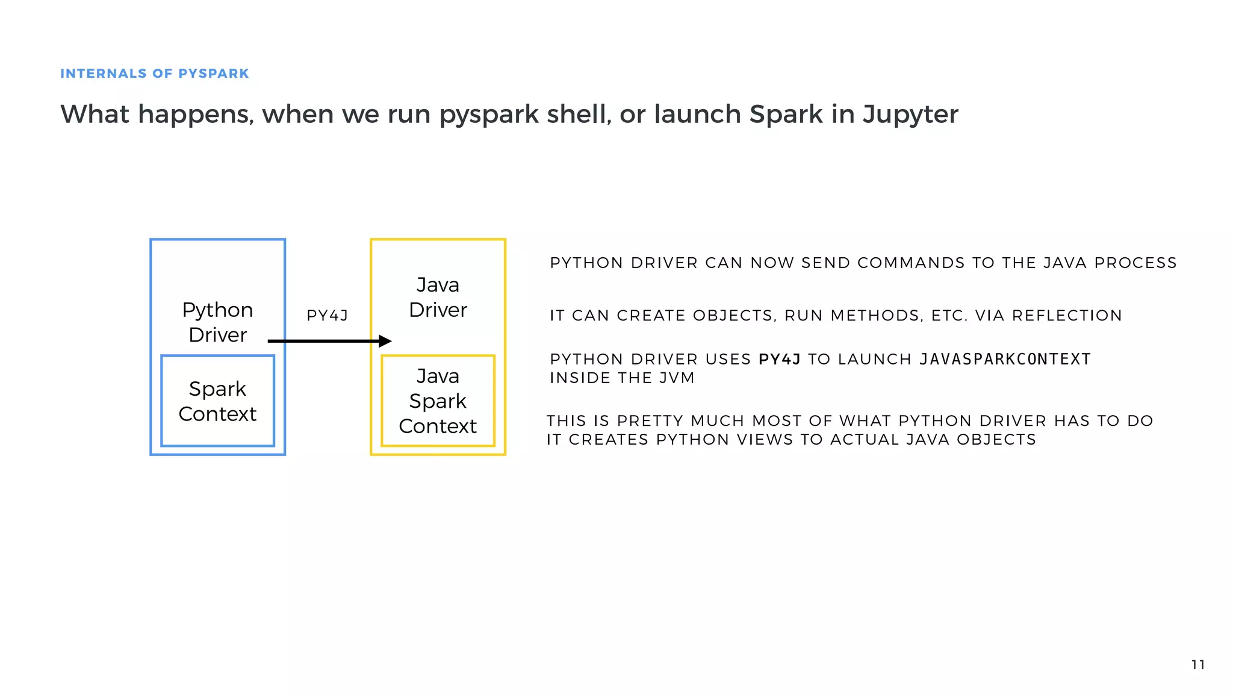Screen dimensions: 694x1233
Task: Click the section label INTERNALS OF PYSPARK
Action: point(154,73)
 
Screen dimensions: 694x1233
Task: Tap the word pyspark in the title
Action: point(488,114)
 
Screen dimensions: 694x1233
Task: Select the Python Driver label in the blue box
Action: point(217,322)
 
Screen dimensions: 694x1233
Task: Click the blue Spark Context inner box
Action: point(217,401)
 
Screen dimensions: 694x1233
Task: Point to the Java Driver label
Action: point(438,297)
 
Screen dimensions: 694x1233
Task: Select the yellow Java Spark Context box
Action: point(438,401)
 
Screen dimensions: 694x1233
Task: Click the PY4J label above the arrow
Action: point(327,316)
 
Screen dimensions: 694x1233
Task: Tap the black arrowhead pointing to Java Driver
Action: point(385,342)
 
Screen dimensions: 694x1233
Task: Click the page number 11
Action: point(1197,664)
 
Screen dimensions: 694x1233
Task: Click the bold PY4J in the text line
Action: point(779,360)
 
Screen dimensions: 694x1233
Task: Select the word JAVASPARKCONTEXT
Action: point(1005,360)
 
